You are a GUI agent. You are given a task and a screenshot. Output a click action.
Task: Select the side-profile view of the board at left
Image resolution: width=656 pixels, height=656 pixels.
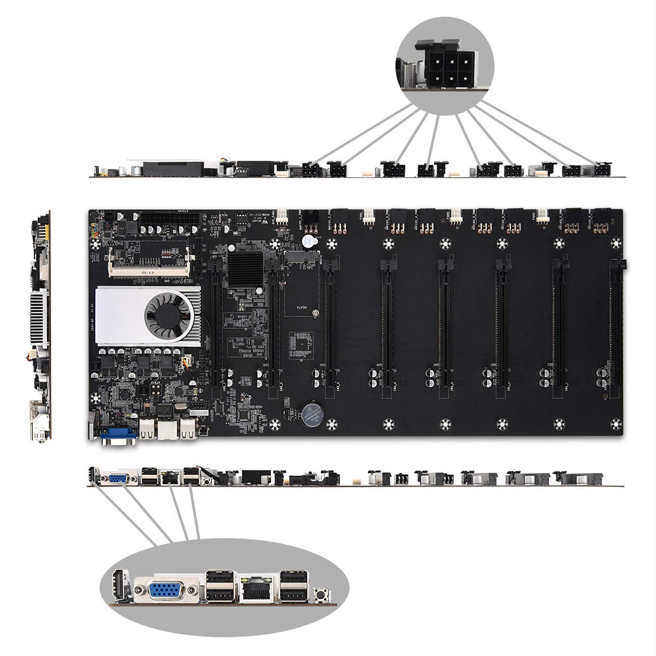coord(41,326)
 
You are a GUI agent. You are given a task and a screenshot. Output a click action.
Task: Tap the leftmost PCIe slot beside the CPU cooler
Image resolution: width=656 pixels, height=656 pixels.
coord(216,324)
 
